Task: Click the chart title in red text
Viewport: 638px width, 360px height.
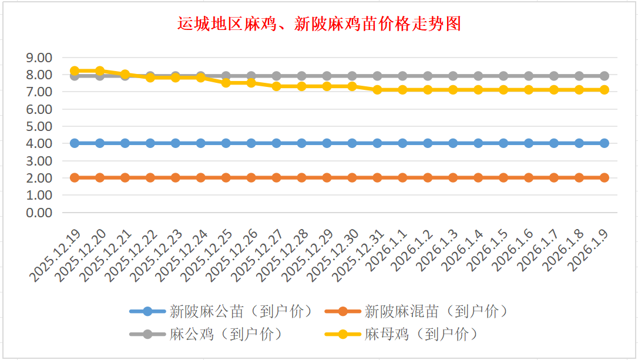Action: tap(319, 24)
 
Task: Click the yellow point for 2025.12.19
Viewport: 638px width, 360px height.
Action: tap(75, 70)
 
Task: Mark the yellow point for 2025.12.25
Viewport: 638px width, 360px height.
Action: tap(226, 83)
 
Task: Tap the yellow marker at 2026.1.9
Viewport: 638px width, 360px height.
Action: tap(605, 90)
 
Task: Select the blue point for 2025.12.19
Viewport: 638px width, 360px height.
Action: tap(75, 143)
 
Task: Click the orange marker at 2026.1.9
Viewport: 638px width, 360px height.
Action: tap(605, 177)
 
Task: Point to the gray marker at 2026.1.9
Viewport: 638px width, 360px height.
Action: tap(605, 76)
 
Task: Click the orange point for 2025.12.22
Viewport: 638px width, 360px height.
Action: tap(150, 177)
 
